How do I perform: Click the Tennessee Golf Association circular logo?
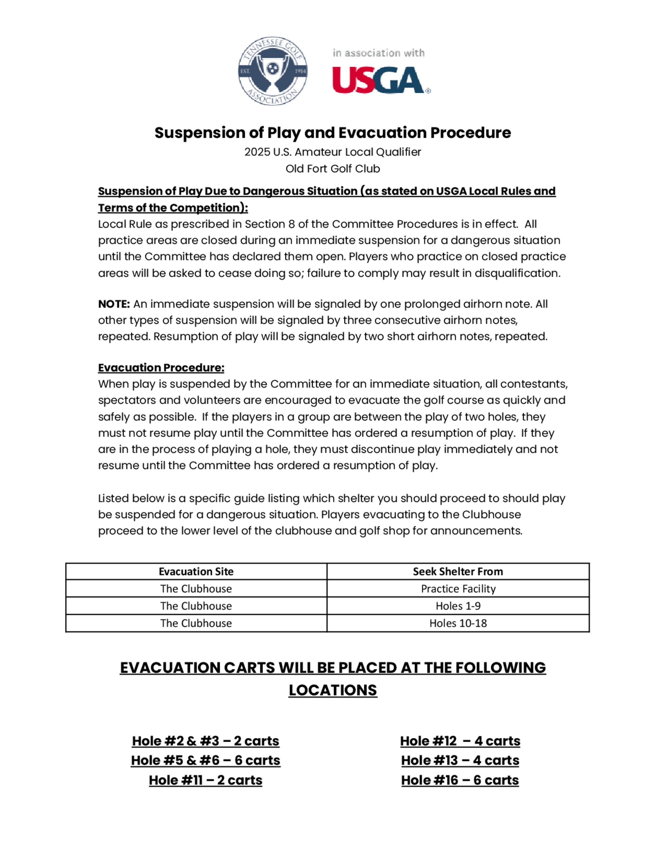(273, 71)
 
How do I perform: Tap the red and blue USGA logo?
(380, 80)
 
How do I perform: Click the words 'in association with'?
(378, 53)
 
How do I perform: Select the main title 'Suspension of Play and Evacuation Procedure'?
(333, 133)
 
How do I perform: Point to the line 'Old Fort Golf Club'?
(333, 169)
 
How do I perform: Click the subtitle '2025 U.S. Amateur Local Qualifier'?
(333, 152)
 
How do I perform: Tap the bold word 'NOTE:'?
(114, 304)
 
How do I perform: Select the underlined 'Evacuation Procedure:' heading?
(161, 367)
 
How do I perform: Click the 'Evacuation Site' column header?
(196, 572)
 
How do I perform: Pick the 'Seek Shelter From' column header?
(458, 572)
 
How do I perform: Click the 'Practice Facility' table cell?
(458, 589)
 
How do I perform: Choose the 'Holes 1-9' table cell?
(458, 606)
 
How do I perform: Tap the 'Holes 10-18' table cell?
(458, 623)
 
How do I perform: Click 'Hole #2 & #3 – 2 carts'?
(205, 741)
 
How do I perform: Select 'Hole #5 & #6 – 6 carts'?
(205, 760)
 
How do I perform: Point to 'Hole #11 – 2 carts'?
(205, 780)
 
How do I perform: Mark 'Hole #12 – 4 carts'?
(460, 741)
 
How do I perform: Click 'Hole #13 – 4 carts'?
(460, 760)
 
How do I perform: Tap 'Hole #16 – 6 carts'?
(460, 780)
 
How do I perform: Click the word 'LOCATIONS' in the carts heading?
(333, 690)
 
